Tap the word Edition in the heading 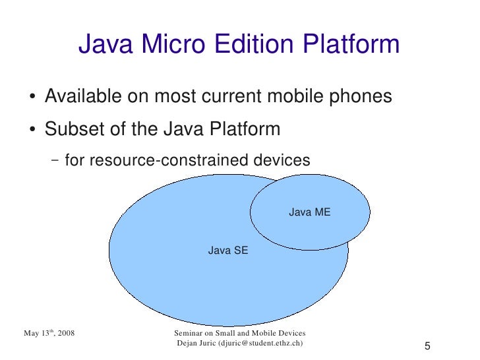(253, 45)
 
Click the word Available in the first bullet (80, 98)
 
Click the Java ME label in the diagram (309, 212)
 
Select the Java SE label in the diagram (228, 251)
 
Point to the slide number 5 (427, 347)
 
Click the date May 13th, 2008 (49, 334)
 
